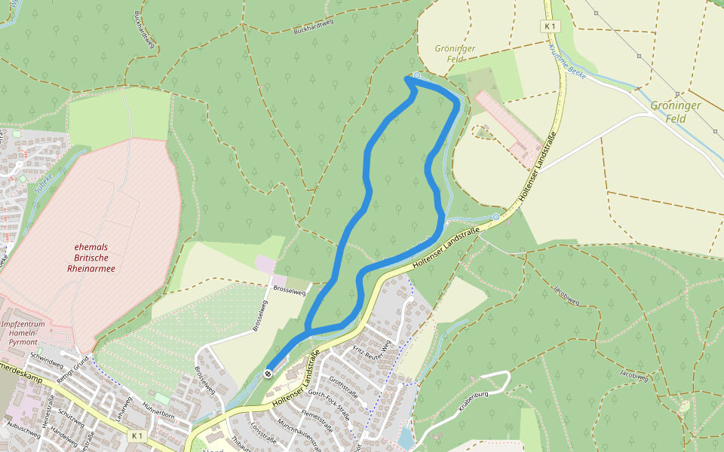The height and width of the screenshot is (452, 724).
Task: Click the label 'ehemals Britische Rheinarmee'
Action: point(95,257)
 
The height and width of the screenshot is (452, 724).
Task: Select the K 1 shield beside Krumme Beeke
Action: point(551,26)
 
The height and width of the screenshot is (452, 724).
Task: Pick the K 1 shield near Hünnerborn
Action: point(136,436)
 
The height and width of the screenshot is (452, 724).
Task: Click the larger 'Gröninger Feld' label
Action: point(676,111)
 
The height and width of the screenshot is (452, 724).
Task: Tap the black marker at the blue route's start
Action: point(268,374)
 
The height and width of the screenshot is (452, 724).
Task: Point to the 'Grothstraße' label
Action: point(343,387)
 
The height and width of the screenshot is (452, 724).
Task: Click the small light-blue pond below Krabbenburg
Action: point(406,437)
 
